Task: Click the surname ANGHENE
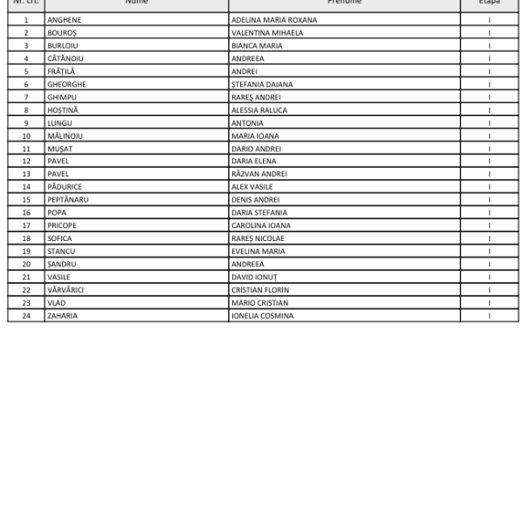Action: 65,19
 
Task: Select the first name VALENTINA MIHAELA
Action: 267,32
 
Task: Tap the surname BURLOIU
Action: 63,45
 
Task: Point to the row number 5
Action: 26,72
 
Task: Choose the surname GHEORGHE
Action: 66,84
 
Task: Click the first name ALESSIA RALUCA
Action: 259,110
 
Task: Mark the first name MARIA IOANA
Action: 255,135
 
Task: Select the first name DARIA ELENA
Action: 253,161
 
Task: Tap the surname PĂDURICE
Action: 65,187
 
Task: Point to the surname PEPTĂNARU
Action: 68,199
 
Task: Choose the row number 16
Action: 26,212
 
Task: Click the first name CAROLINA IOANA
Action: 261,225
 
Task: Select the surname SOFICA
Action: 59,238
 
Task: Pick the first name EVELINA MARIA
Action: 259,251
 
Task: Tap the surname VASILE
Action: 59,277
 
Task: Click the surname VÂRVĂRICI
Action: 65,289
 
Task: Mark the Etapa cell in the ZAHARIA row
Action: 489,315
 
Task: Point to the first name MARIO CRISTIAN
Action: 259,302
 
